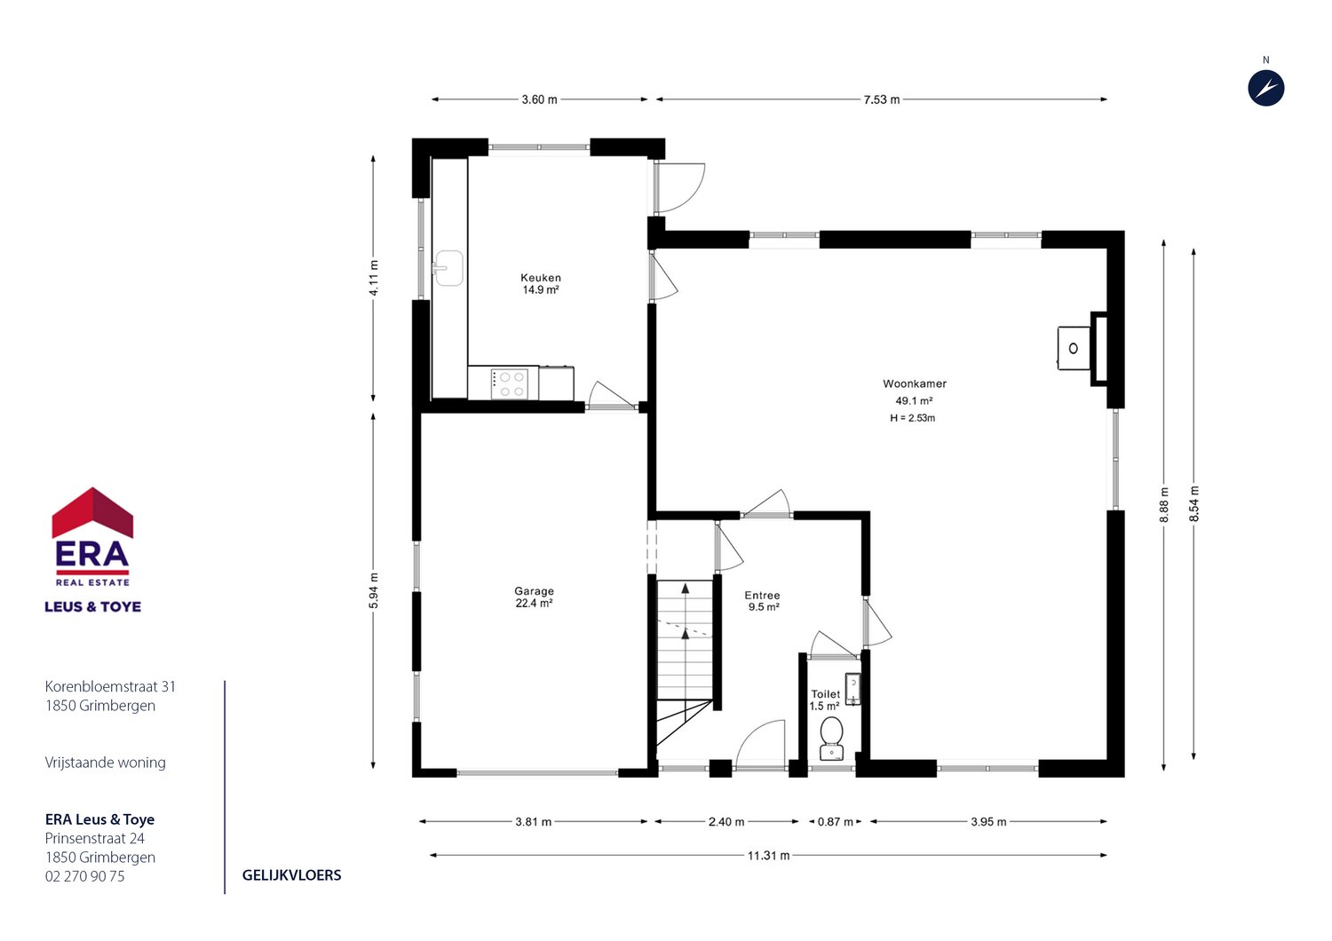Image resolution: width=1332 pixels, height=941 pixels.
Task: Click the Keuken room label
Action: point(541,278)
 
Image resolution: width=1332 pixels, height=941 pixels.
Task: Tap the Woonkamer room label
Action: point(915,384)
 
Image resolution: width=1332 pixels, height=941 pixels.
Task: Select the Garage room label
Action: point(534,591)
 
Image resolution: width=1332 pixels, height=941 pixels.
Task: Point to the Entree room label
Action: point(762,595)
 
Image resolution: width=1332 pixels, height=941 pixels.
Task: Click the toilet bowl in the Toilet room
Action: point(831,738)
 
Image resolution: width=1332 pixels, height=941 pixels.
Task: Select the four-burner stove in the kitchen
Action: point(510,384)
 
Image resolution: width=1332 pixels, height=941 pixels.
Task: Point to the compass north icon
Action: point(1266,89)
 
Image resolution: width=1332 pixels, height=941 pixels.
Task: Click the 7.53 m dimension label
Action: point(881,99)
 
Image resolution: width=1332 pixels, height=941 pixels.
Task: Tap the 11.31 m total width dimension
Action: point(768,856)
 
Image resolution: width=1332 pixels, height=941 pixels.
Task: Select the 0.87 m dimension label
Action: point(835,822)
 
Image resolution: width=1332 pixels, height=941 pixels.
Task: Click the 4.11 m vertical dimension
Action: point(374,278)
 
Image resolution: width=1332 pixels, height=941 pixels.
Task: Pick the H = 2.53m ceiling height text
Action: point(912,418)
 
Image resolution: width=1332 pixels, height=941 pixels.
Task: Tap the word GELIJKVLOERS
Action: point(291,875)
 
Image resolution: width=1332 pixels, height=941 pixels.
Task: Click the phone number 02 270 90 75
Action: point(85,876)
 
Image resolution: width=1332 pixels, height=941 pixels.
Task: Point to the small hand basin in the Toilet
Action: point(852,689)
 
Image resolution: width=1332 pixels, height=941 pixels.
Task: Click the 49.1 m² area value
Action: point(914,400)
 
